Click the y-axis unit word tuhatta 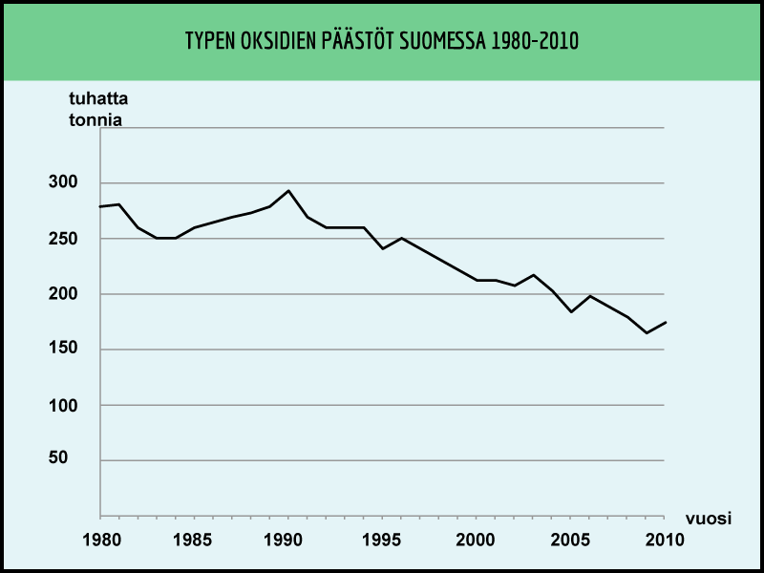coord(98,100)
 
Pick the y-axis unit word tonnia coord(95,120)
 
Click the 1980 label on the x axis coord(100,540)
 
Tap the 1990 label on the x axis coord(288,540)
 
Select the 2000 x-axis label coord(477,540)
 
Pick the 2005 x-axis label coord(571,540)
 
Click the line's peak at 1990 coord(288,190)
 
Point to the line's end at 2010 coord(666,322)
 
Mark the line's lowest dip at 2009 coord(647,332)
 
